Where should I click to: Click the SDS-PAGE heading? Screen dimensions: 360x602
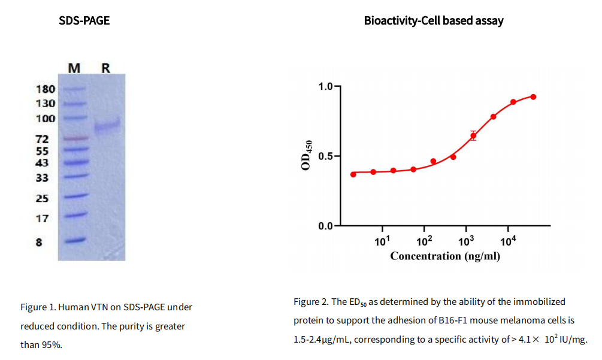click(84, 21)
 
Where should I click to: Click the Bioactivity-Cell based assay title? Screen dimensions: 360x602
click(434, 21)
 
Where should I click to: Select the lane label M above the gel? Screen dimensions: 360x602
click(74, 68)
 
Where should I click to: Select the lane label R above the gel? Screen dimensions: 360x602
click(106, 68)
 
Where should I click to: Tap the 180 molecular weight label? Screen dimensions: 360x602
click(46, 89)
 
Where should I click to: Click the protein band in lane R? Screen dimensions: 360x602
click(107, 126)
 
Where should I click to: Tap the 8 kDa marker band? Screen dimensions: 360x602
click(75, 241)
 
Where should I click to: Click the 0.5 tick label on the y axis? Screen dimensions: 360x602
click(326, 156)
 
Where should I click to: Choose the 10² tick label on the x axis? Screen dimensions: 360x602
click(424, 241)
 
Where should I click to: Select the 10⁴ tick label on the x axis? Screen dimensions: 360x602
click(508, 241)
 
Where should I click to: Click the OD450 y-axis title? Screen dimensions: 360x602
click(307, 155)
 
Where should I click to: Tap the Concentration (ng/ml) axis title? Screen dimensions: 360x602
click(445, 256)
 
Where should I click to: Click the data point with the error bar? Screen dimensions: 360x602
click(473, 136)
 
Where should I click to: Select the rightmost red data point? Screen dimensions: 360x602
click(533, 96)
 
